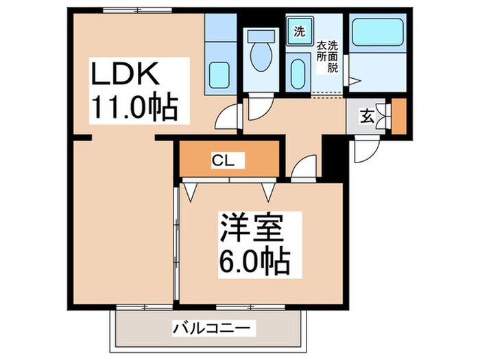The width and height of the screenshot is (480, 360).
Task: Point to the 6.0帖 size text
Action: pyautogui.click(x=254, y=260)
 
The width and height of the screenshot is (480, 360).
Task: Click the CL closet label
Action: pyautogui.click(x=224, y=161)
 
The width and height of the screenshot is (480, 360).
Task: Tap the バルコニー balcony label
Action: pyautogui.click(x=204, y=328)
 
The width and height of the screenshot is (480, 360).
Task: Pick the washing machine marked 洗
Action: pyautogui.click(x=300, y=31)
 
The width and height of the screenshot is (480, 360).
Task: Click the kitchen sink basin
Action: pyautogui.click(x=220, y=73)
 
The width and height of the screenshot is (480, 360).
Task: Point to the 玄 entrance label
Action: pyautogui.click(x=368, y=116)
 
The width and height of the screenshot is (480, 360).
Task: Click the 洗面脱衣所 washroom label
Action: pyautogui.click(x=327, y=56)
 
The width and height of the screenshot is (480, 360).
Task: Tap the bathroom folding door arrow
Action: pyautogui.click(x=353, y=81)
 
